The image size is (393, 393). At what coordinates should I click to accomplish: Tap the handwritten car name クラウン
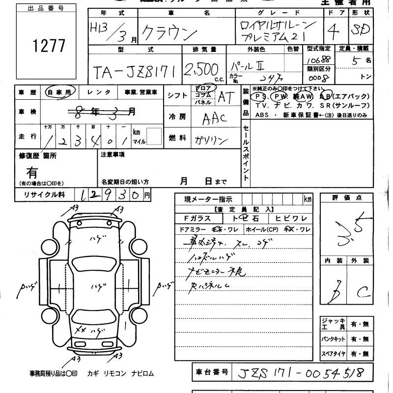coord(169,33)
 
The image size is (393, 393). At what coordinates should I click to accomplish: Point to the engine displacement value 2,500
coord(201,70)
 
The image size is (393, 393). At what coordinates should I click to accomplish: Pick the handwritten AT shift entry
coord(226,97)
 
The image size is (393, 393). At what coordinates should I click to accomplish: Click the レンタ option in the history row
coord(99,92)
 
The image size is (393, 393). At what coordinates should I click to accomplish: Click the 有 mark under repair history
coord(32,172)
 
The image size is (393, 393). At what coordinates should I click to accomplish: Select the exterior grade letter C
coord(364,293)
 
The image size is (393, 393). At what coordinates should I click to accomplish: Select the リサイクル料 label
coord(44,195)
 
